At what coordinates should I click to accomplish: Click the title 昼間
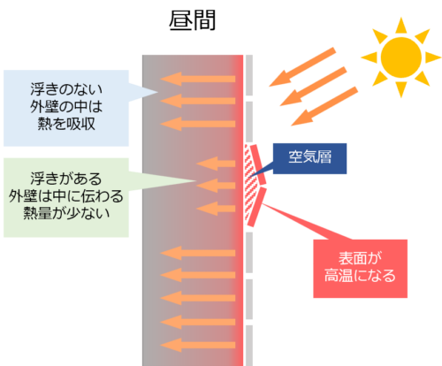(193, 20)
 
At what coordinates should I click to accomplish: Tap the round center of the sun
(401, 57)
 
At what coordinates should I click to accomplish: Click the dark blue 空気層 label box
(309, 158)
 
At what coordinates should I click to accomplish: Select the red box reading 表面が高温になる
(360, 269)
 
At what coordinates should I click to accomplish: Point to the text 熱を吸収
(66, 124)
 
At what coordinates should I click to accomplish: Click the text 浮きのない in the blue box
(66, 89)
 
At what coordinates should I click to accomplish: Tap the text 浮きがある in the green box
(66, 179)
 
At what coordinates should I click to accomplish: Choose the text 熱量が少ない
(66, 213)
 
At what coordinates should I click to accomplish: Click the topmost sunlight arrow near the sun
(302, 67)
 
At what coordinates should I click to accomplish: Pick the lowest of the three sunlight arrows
(324, 106)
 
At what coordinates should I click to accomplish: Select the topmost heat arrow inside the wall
(198, 79)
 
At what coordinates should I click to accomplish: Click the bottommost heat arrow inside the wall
(198, 345)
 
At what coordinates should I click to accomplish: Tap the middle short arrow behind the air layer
(216, 186)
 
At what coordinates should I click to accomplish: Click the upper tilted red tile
(258, 165)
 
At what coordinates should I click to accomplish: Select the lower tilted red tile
(257, 207)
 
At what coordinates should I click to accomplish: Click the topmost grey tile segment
(249, 75)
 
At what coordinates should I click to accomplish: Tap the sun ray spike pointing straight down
(401, 89)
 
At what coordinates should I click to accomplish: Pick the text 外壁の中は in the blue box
(66, 106)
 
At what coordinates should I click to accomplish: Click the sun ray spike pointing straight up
(401, 25)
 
